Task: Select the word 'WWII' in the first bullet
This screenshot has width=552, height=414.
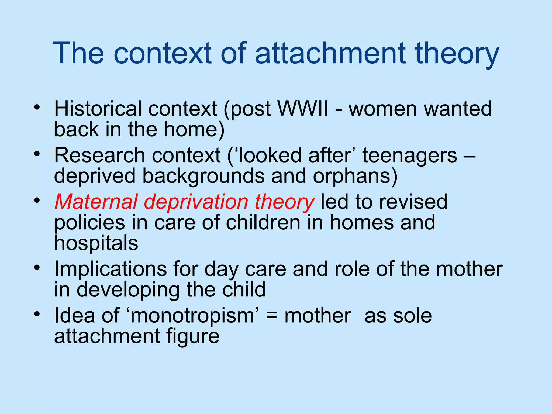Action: coord(303,109)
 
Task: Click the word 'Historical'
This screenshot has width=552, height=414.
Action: coord(98,109)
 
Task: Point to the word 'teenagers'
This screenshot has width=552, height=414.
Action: coord(410,156)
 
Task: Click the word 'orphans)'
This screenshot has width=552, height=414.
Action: coord(355,176)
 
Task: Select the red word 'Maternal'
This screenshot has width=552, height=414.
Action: coord(96,202)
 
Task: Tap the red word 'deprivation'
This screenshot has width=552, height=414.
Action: coord(196,202)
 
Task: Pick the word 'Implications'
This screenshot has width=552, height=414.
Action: coord(111,269)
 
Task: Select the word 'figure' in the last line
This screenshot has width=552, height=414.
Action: coord(192,336)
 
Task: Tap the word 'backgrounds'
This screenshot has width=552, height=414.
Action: coord(203,176)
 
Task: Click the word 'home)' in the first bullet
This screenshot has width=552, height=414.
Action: coord(194,129)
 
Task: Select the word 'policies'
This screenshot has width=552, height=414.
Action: coord(90,223)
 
